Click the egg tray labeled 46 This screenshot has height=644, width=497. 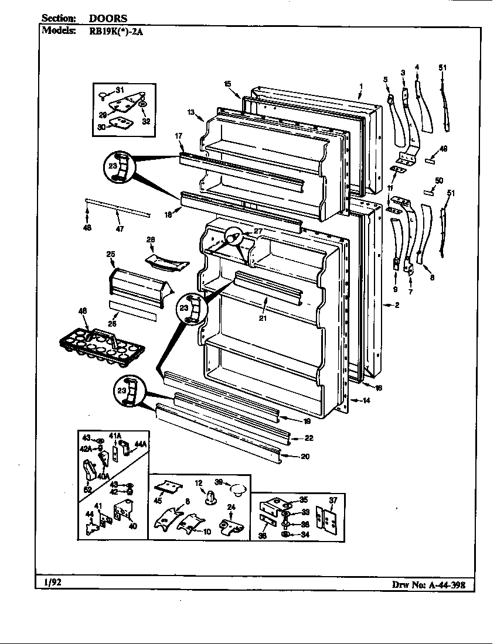point(103,345)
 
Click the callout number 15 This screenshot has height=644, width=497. point(227,84)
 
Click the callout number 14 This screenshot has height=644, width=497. point(366,400)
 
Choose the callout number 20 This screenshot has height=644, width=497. point(305,457)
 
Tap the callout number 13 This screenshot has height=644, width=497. point(191,112)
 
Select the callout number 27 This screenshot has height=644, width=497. point(257,232)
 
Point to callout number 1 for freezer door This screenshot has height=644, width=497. point(360,86)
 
